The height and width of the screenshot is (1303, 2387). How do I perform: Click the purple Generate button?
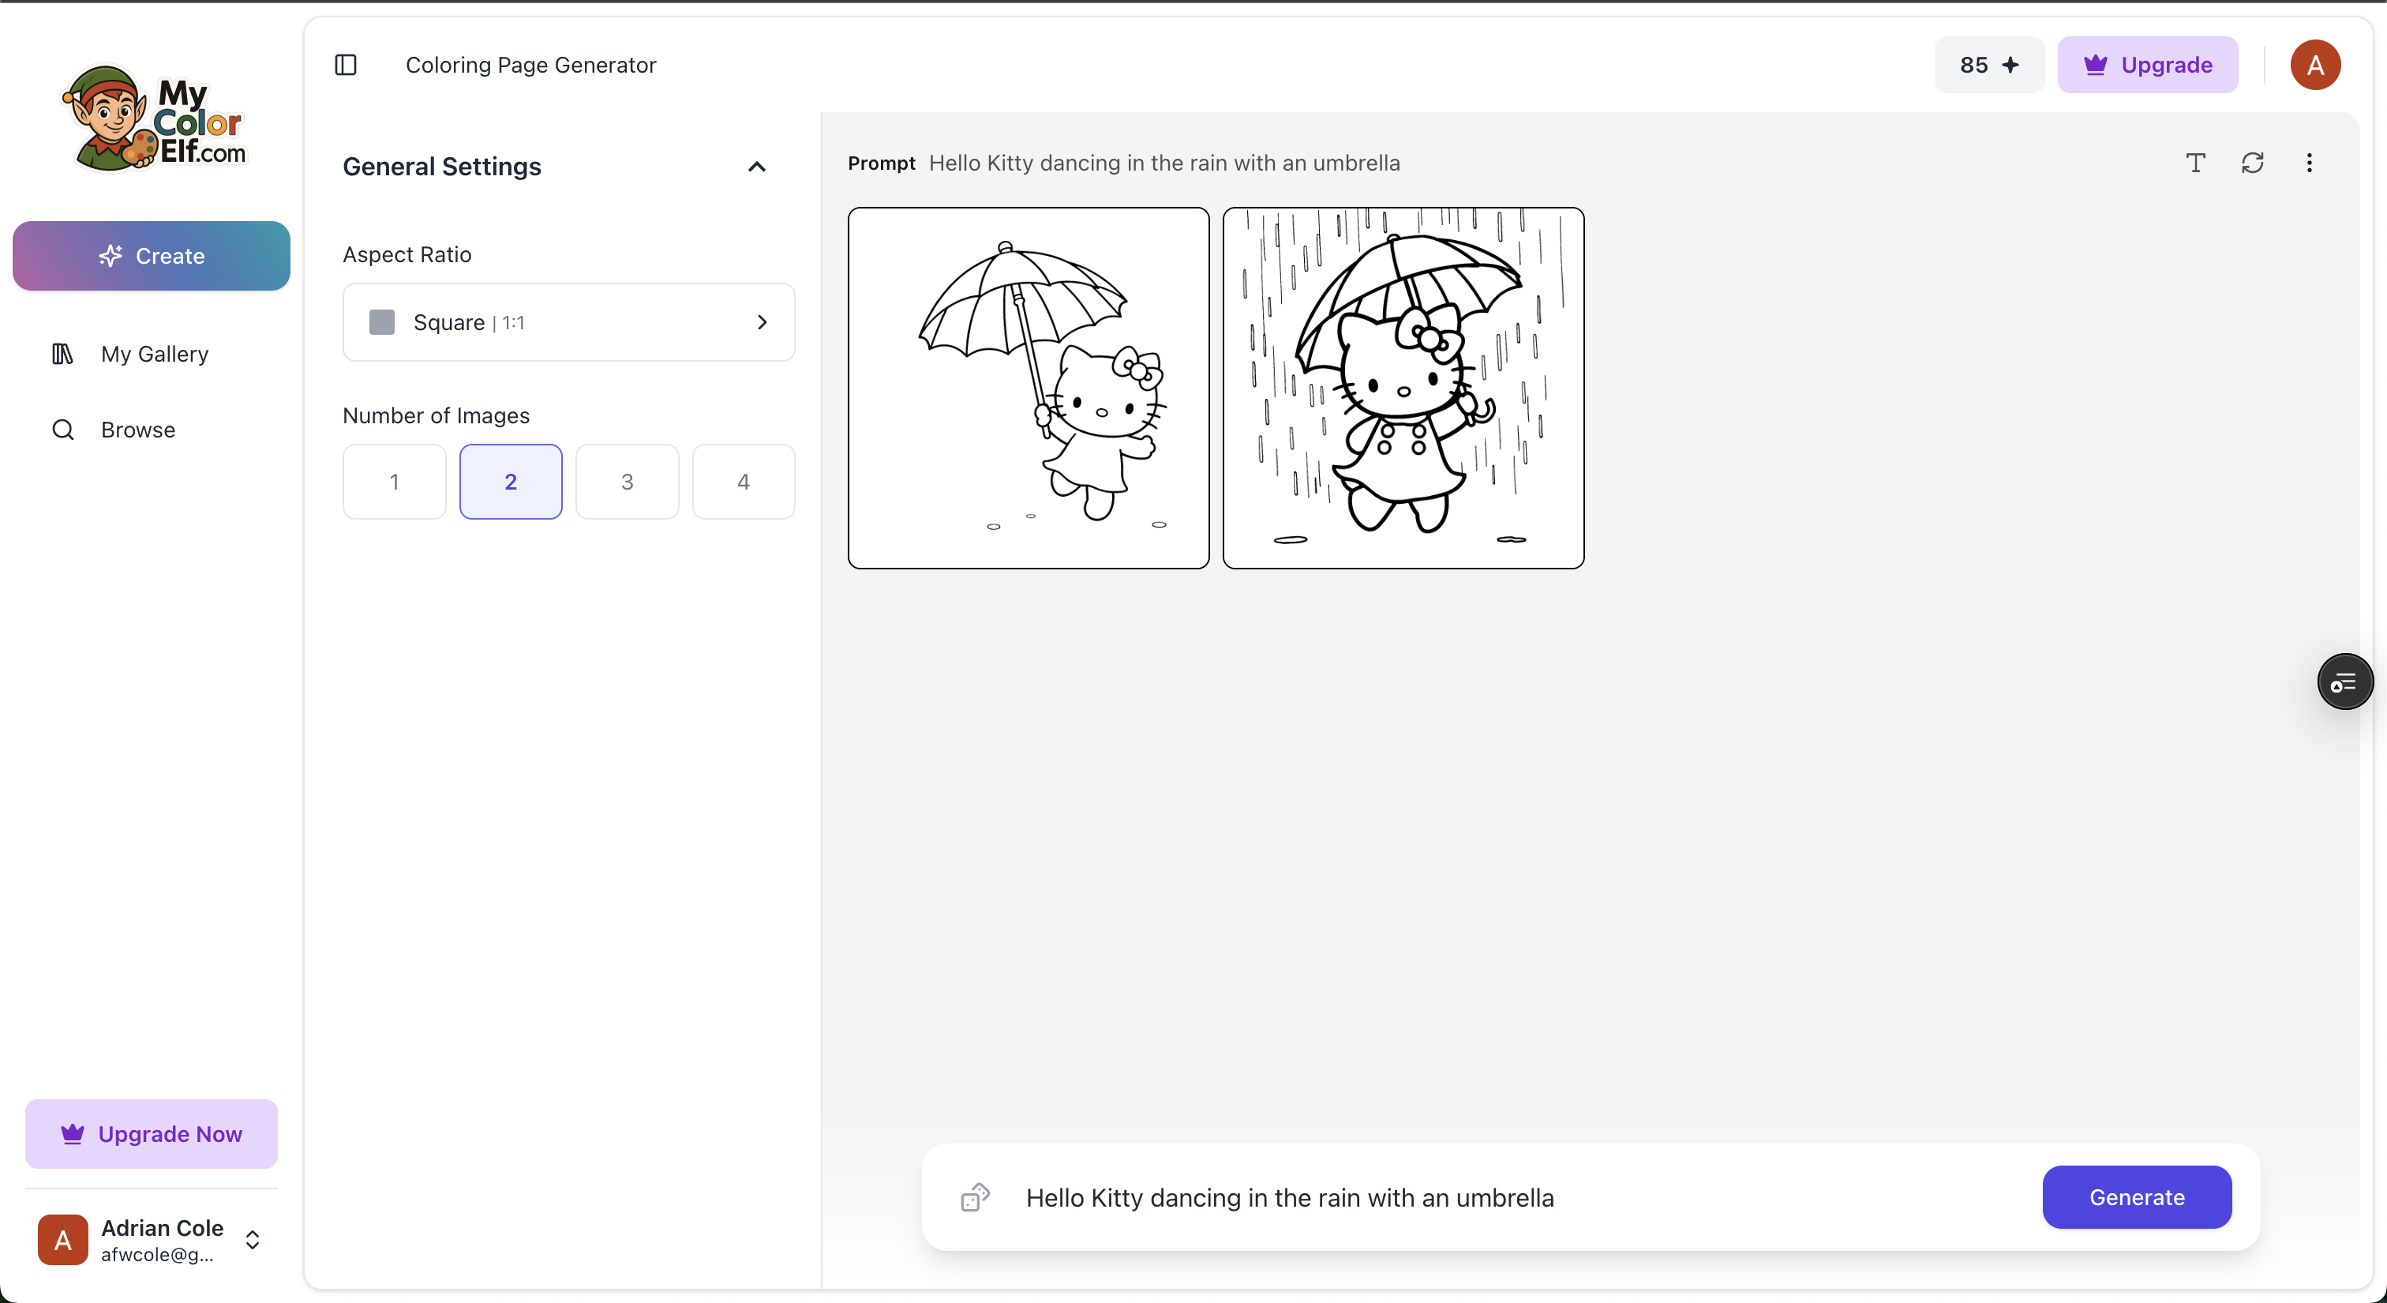[2136, 1196]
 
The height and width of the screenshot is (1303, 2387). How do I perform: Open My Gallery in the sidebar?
[129, 354]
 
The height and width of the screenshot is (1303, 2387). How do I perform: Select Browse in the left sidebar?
[113, 430]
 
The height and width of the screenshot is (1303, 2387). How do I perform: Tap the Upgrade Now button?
[151, 1133]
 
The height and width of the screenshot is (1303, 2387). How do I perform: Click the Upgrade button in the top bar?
[2147, 65]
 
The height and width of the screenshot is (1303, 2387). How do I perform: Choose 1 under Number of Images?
[394, 482]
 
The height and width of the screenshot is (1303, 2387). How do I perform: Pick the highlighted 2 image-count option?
[511, 482]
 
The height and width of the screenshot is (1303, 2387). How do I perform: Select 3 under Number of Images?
[628, 482]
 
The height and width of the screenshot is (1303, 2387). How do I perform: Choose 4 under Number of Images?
[743, 482]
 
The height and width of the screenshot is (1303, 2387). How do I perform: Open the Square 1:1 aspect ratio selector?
[569, 322]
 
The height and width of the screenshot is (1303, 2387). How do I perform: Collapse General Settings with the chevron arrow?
[757, 167]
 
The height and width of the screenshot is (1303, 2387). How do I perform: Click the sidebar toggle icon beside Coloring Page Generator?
[346, 65]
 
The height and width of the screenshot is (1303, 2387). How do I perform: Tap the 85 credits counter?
[1988, 65]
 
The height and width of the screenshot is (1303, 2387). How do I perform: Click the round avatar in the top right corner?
[2314, 65]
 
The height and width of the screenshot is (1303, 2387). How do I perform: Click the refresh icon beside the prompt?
[2252, 163]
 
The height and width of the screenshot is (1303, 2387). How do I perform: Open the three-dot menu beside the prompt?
[2308, 163]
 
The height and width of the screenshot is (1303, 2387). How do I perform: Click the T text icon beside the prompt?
[2195, 163]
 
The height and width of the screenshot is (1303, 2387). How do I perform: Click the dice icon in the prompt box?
[975, 1196]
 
